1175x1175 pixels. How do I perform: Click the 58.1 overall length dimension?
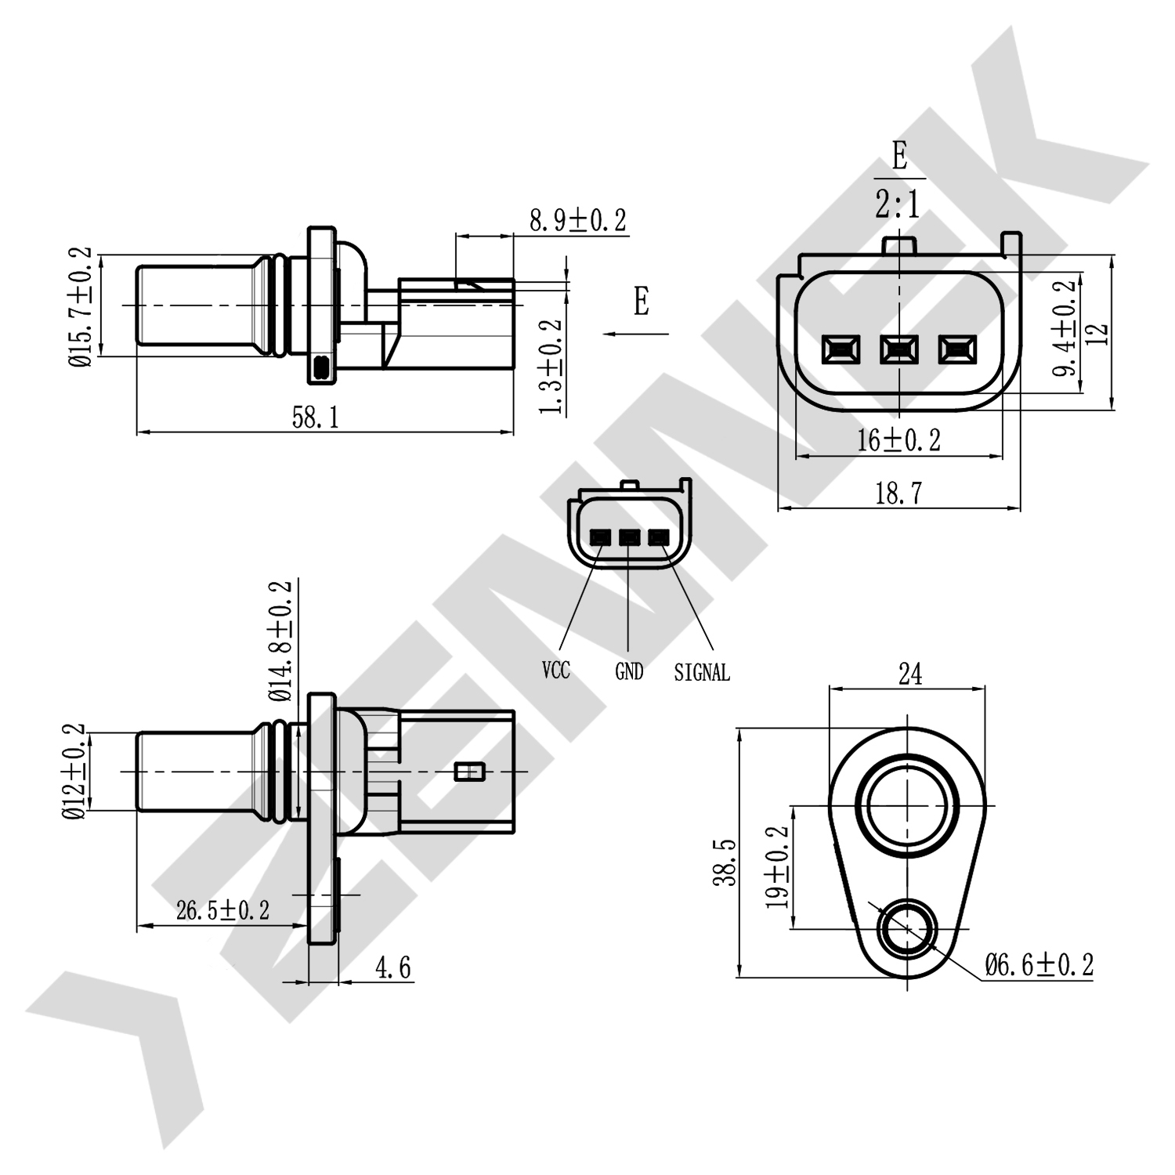pyautogui.click(x=316, y=418)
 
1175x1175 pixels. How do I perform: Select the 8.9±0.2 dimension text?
pyautogui.click(x=578, y=221)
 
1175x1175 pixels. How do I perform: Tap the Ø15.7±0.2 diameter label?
pyautogui.click(x=81, y=306)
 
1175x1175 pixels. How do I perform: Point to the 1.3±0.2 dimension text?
pyautogui.click(x=552, y=366)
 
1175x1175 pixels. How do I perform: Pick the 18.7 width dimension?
pyautogui.click(x=898, y=493)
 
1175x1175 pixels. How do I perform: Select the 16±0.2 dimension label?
pyautogui.click(x=898, y=441)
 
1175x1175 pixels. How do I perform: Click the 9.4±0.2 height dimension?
pyautogui.click(x=1065, y=330)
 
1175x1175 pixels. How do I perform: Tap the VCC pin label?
pyautogui.click(x=556, y=671)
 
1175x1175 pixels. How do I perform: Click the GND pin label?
pyautogui.click(x=629, y=671)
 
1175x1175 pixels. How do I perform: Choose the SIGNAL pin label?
pyautogui.click(x=702, y=672)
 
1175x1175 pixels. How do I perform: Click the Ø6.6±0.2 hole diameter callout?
pyautogui.click(x=1039, y=964)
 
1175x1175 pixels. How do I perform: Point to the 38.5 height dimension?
pyautogui.click(x=726, y=862)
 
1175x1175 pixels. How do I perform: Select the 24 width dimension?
pyautogui.click(x=909, y=674)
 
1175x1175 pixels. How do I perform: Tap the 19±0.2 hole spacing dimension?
pyautogui.click(x=777, y=867)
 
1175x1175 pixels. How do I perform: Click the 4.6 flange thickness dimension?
pyautogui.click(x=393, y=968)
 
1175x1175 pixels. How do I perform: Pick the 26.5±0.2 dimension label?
pyautogui.click(x=222, y=910)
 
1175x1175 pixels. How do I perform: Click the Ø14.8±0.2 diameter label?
pyautogui.click(x=280, y=642)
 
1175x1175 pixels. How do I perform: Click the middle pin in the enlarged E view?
pyautogui.click(x=898, y=349)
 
